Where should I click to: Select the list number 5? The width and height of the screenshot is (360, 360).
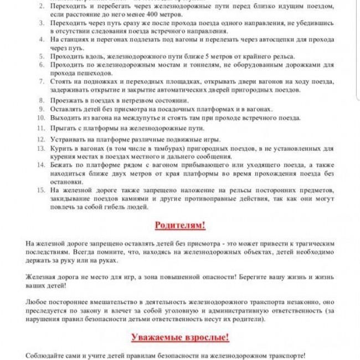(41, 56)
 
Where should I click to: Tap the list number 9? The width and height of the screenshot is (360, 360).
(41, 109)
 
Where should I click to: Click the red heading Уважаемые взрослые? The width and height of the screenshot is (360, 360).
(180, 337)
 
